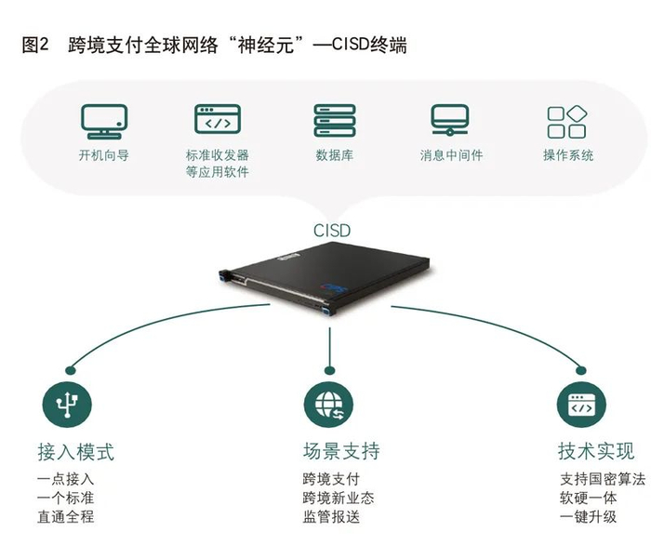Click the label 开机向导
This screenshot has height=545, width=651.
point(103,155)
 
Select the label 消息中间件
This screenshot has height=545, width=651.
point(451,155)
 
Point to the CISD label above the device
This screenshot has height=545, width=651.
point(330,228)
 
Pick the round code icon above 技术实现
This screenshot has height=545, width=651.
point(582,405)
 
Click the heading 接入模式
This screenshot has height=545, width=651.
point(75,452)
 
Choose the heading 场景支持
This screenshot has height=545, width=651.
point(340,452)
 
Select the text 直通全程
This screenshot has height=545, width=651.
point(65,517)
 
